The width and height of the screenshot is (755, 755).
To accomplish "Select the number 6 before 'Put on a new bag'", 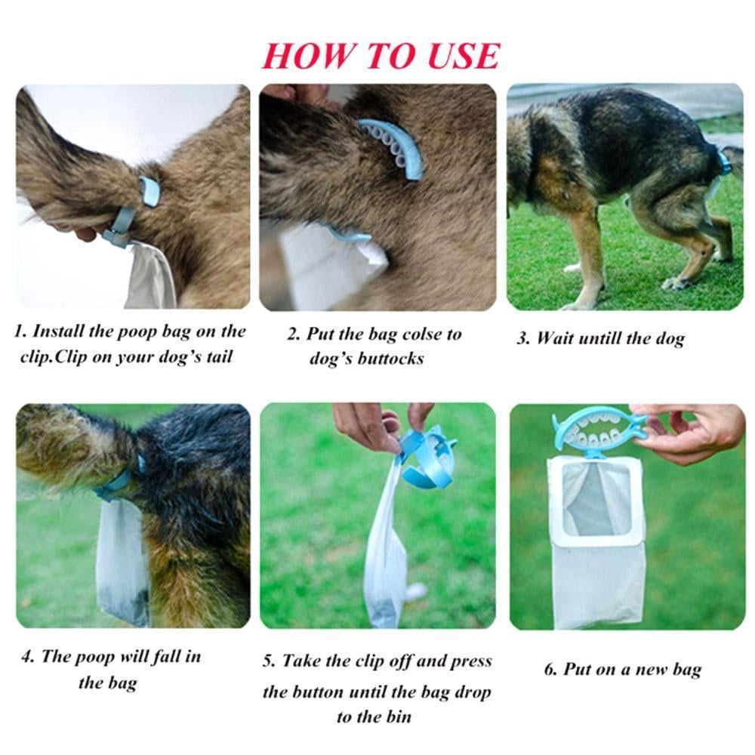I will coord(549,670).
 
